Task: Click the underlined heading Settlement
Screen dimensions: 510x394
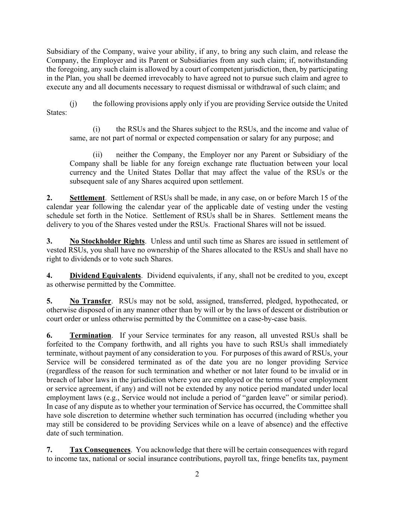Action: tap(87, 198)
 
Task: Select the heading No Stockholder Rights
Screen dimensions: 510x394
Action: tap(107, 241)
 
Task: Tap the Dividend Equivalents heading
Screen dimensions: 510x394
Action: tap(105, 276)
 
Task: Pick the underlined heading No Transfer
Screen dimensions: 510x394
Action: tap(90, 301)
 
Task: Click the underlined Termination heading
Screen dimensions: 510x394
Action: tap(90, 336)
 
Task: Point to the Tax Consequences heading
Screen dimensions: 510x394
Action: tap(100, 450)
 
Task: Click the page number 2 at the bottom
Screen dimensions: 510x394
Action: tap(197, 475)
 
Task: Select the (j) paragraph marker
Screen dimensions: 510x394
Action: tap(73, 104)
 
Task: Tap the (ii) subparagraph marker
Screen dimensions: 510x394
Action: tap(97, 155)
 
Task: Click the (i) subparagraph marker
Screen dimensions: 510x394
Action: tap(96, 129)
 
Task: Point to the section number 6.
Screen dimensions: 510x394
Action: tap(49, 336)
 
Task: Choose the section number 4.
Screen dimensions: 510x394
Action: tap(49, 276)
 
